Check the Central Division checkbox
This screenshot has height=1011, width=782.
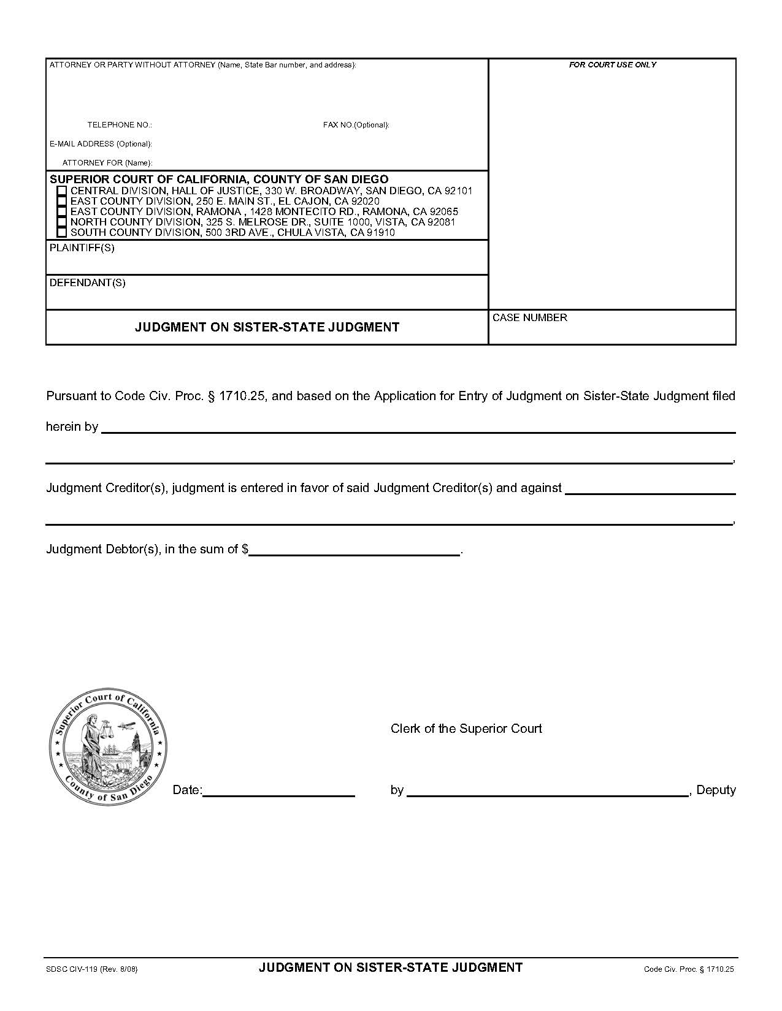click(x=61, y=191)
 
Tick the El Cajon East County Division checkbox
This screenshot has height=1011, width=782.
click(x=61, y=202)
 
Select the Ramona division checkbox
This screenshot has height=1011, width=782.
click(x=61, y=212)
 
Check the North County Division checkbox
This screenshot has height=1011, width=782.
click(x=61, y=222)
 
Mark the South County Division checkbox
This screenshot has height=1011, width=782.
click(x=61, y=233)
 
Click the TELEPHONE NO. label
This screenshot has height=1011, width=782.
click(x=120, y=125)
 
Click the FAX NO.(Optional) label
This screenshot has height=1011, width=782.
click(x=356, y=125)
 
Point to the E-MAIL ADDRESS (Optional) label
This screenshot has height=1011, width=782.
click(x=101, y=144)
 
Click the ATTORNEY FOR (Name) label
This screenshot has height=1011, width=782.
click(x=107, y=163)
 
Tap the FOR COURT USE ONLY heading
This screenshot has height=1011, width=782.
click(x=612, y=65)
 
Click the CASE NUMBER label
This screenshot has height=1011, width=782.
click(x=530, y=317)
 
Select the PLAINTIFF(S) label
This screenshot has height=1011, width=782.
click(x=82, y=248)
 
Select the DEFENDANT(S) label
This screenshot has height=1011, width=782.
click(x=87, y=283)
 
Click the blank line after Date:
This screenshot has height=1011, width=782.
click(x=278, y=790)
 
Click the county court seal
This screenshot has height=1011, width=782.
click(x=108, y=746)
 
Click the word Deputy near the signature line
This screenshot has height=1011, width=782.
click(x=716, y=790)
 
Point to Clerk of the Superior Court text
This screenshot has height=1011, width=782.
click(x=466, y=729)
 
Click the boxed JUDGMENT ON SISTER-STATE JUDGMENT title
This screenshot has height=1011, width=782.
click(x=267, y=327)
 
